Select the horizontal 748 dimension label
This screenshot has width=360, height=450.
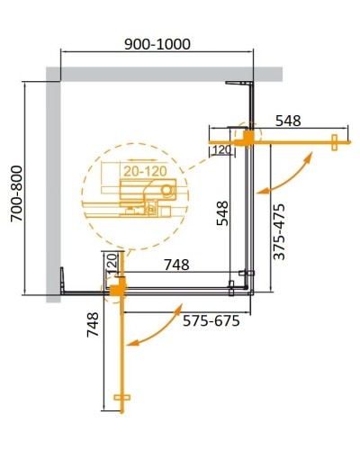pos(175,265)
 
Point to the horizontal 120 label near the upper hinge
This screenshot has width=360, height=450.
pos(220,151)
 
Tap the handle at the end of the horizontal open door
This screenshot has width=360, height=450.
pos(335,140)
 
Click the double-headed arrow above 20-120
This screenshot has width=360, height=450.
pos(137,155)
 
